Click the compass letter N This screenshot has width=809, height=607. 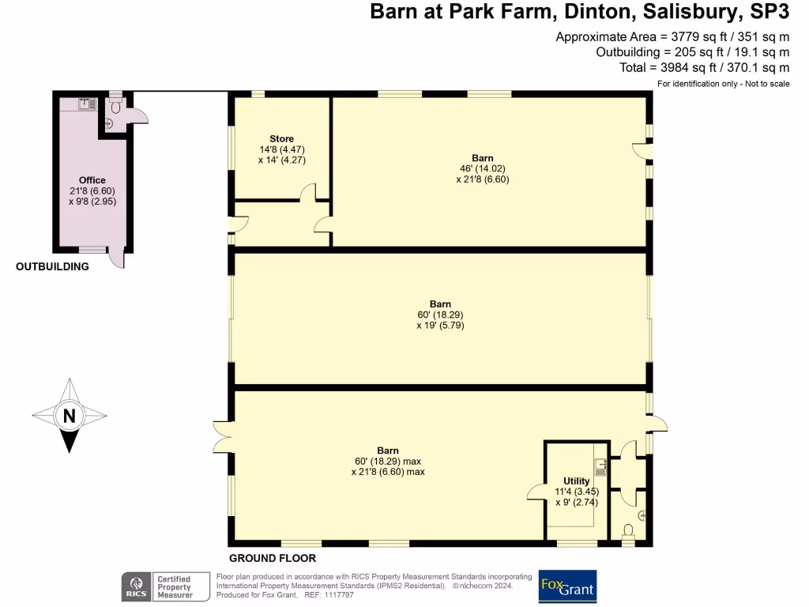[70, 416]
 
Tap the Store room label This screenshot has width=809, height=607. [281, 139]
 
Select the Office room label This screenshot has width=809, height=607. [92, 180]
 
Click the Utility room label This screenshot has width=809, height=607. [576, 481]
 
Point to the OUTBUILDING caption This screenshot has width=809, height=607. [52, 267]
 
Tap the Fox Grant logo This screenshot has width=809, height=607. [566, 587]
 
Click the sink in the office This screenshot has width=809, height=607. [86, 103]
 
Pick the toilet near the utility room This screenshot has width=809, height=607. [629, 531]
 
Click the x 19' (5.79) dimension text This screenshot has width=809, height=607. [440, 325]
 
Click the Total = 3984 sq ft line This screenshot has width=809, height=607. [706, 68]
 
